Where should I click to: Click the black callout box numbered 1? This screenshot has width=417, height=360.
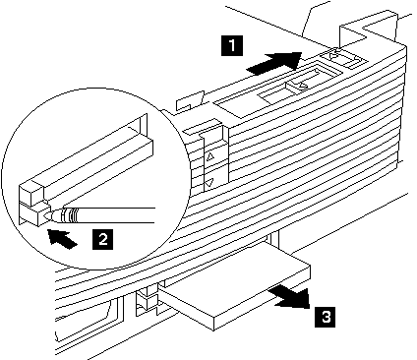[x=232, y=45]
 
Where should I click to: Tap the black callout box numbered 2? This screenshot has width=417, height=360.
[x=103, y=239]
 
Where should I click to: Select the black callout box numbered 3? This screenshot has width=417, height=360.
[x=325, y=317]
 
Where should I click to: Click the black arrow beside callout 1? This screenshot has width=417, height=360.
[x=274, y=62]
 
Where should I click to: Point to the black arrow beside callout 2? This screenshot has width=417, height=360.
[x=62, y=238]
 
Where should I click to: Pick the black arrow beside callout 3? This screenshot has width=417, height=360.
[x=290, y=297]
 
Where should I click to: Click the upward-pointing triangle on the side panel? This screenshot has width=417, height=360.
[x=210, y=156]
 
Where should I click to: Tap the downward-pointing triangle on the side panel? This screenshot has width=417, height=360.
[x=210, y=181]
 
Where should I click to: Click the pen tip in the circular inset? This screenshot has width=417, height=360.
[x=46, y=215]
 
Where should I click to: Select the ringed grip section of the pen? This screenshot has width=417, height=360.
[x=70, y=215]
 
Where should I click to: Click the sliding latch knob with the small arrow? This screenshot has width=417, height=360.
[x=298, y=86]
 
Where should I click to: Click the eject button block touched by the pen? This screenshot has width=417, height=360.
[x=32, y=214]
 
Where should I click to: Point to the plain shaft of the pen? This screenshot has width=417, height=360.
[x=116, y=215]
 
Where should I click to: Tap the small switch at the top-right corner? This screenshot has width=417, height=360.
[x=343, y=59]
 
